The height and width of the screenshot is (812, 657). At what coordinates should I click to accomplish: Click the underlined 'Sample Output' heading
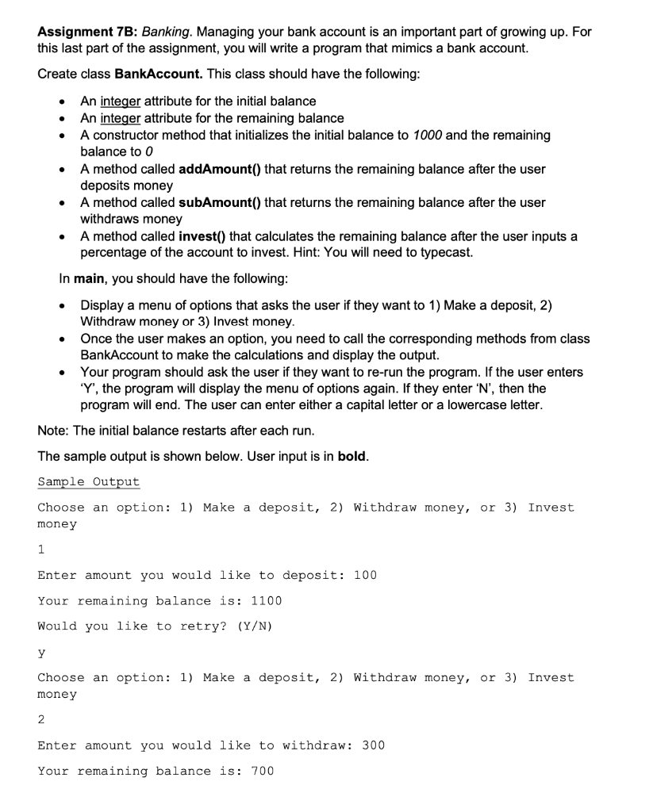88,482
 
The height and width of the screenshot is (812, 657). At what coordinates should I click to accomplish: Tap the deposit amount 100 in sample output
365,575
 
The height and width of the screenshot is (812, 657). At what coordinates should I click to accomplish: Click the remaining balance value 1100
266,600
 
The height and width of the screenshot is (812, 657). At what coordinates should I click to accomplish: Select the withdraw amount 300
373,745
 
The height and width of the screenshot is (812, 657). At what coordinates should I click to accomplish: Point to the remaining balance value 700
262,771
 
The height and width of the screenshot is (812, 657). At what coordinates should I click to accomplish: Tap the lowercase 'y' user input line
41,653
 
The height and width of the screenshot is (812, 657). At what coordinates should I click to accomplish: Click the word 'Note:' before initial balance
54,431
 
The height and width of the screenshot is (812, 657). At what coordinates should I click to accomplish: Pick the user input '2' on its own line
41,719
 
